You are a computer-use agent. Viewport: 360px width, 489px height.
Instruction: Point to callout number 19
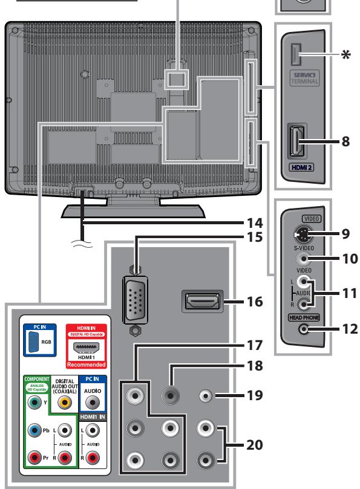point(255,396)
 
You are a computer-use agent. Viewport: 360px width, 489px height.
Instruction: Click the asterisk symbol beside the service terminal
point(346,56)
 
